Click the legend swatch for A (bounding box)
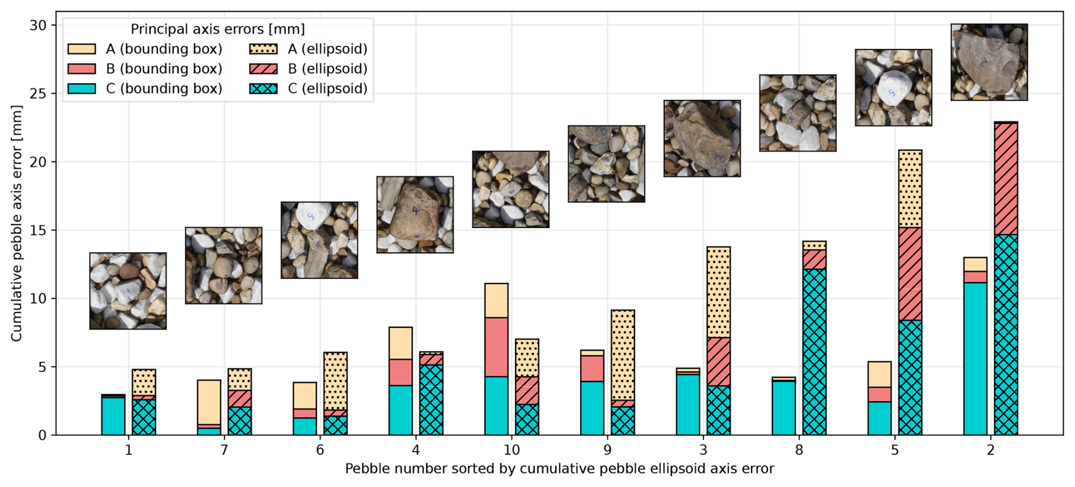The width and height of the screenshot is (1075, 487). [82, 49]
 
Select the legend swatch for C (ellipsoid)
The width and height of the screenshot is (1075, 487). [264, 89]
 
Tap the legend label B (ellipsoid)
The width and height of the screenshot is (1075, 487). [328, 69]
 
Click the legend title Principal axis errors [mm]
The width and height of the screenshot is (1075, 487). [218, 29]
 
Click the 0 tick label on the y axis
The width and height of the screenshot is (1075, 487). [43, 435]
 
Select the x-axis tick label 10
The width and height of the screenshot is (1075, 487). [511, 450]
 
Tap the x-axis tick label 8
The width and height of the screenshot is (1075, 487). [799, 450]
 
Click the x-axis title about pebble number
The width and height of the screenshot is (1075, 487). [559, 469]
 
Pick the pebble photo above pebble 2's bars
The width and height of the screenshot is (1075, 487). [989, 62]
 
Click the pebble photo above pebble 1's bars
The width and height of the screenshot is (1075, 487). [128, 291]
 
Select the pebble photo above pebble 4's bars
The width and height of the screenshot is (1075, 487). [415, 214]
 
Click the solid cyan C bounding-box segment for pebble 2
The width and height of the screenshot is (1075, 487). [975, 359]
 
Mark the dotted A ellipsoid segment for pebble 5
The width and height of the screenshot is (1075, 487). [910, 189]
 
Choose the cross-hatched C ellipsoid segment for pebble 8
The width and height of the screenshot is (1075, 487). [814, 352]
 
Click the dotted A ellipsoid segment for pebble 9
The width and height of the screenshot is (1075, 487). [623, 355]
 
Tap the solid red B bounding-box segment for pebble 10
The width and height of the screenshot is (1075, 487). [496, 347]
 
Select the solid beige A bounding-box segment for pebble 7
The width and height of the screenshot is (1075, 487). [209, 402]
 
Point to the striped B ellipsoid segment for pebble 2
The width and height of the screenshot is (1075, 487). [1006, 179]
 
